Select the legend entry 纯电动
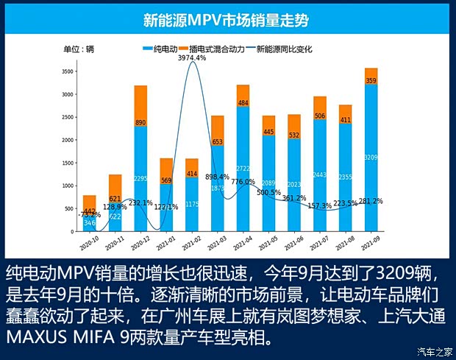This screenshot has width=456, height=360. coord(164,49)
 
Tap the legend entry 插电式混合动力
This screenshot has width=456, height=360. coord(218,49)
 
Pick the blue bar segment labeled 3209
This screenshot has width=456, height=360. coord(371,157)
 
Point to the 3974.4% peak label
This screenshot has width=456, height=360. coord(192,57)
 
